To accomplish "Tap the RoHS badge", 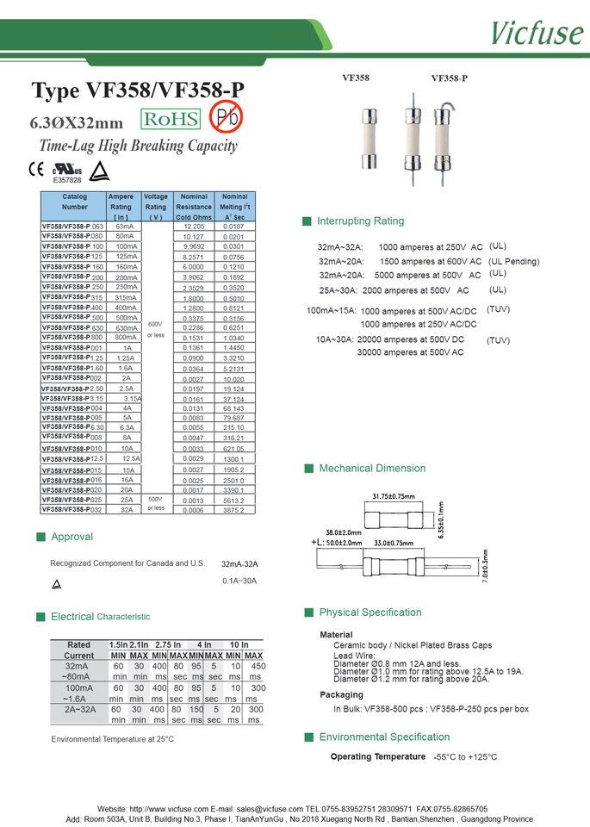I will click(x=171, y=119).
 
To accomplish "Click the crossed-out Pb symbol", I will click(x=227, y=116).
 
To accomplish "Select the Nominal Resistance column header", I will click(x=194, y=207).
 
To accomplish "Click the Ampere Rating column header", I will click(x=121, y=207).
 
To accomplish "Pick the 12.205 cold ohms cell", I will click(x=194, y=226).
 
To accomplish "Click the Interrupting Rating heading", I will click(x=360, y=221).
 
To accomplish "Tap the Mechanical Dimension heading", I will click(x=372, y=469).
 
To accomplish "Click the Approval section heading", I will click(x=71, y=537).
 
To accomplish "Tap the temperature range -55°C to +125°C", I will click(x=465, y=757).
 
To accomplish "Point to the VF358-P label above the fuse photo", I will click(x=450, y=78).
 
